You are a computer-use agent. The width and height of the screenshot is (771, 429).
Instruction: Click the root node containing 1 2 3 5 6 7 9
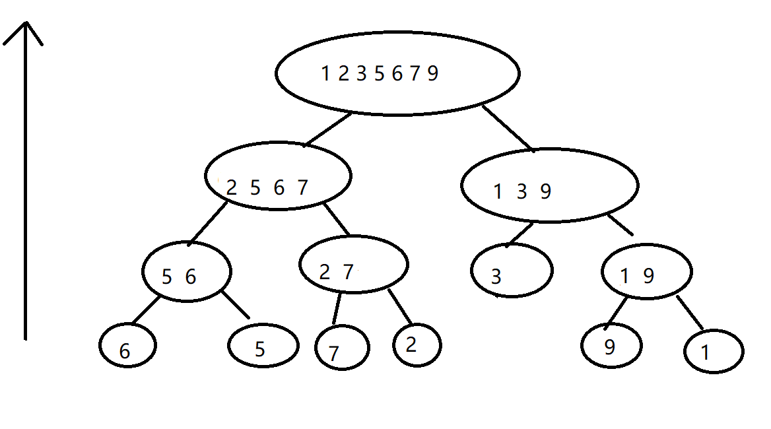(397, 73)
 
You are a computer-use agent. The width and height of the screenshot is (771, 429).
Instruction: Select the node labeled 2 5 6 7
(278, 176)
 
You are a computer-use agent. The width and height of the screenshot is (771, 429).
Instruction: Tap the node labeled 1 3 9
(549, 185)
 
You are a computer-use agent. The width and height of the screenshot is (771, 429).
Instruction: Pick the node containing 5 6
(187, 272)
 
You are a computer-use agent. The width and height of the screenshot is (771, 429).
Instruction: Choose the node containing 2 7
(353, 264)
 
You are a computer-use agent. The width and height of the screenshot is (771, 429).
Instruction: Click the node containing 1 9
(646, 272)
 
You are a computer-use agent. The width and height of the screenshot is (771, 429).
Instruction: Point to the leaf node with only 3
(512, 271)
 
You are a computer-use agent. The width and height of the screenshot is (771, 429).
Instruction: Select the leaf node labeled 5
(263, 345)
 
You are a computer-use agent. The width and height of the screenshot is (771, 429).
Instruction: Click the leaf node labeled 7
(342, 348)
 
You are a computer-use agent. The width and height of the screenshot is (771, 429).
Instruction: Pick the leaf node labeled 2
(417, 345)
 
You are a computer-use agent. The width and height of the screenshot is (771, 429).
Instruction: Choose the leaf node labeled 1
(714, 352)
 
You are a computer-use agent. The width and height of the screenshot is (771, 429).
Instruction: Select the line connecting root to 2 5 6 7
(328, 129)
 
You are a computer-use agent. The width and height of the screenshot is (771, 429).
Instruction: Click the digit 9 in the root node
(432, 73)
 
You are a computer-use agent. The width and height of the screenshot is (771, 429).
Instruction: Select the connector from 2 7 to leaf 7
(337, 308)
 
